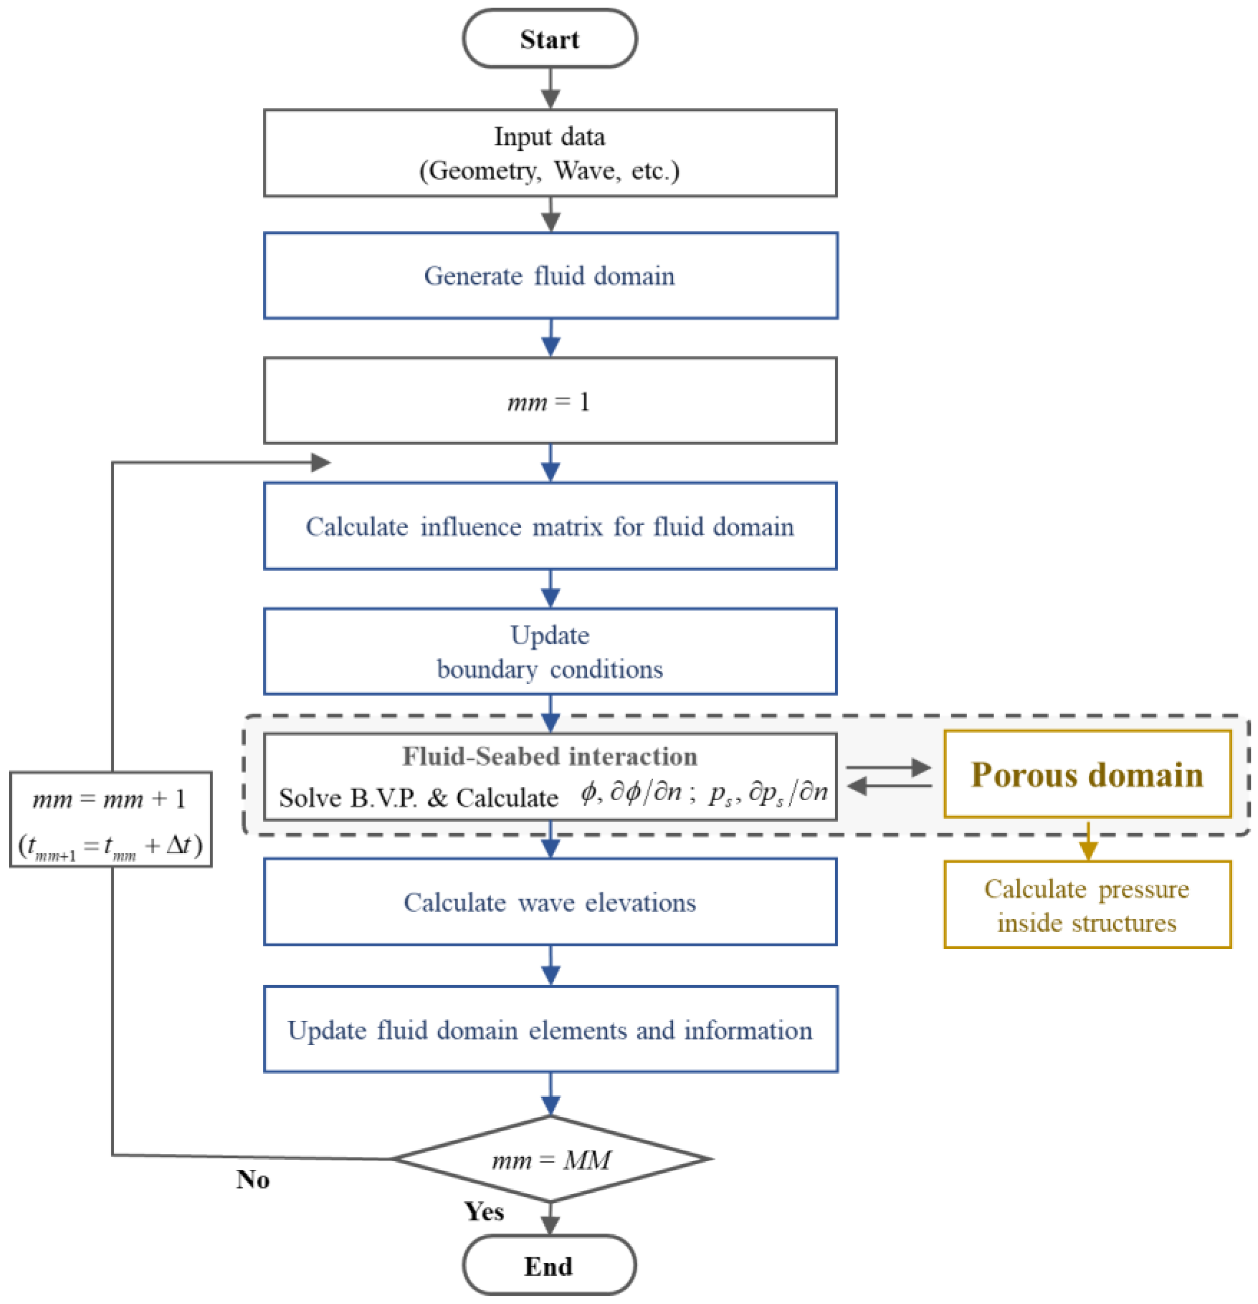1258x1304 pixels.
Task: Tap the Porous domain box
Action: click(1086, 774)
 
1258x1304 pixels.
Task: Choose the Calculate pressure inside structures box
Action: click(1086, 905)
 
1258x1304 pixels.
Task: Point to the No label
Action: click(253, 1179)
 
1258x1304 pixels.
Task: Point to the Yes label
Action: click(484, 1211)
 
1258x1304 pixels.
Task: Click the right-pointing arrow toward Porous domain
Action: click(889, 768)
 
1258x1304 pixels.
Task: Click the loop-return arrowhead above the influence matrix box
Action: click(320, 462)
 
